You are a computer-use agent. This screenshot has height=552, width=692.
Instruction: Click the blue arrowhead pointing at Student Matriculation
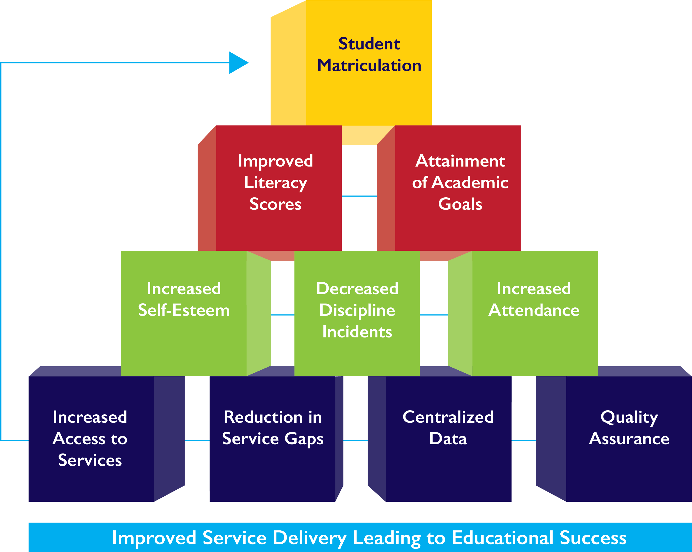pos(238,63)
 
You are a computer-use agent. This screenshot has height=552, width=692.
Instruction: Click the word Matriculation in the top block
pos(369,65)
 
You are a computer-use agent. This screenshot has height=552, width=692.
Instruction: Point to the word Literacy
pos(275,183)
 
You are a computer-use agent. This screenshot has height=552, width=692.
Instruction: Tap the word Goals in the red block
pos(460,204)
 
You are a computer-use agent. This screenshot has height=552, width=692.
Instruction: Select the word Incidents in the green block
pos(357,332)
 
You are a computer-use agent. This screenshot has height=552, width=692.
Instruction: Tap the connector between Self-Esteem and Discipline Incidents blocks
pos(282,315)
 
